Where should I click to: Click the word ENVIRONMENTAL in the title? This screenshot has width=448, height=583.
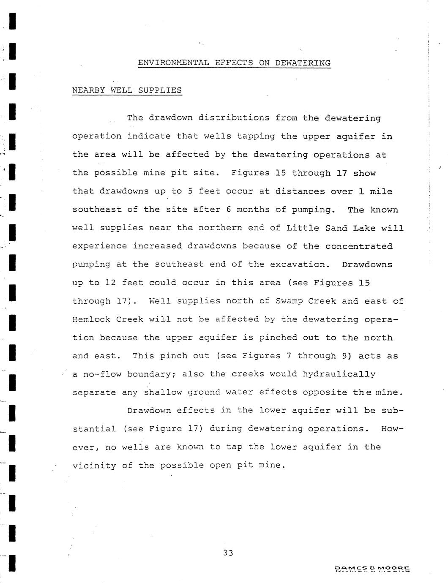173,63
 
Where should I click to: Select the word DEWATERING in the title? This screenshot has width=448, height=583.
303,63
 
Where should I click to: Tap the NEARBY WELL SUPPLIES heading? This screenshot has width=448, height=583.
127,90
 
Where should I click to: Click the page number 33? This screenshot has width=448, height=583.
228,553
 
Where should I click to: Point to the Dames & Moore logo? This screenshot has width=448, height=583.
372,569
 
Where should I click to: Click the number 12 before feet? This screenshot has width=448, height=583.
110,283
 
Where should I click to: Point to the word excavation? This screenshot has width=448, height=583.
300,264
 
